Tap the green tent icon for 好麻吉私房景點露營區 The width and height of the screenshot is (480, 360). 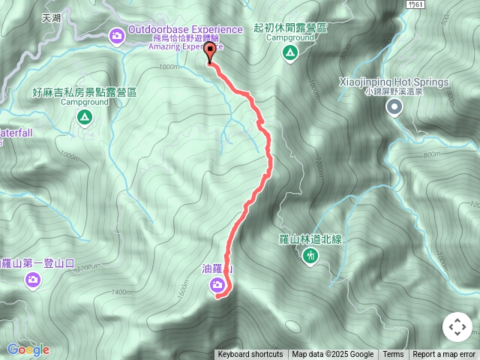85,117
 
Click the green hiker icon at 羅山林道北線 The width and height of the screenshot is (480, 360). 310,256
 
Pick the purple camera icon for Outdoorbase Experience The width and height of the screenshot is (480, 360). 116,34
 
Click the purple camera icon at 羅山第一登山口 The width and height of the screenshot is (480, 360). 32,280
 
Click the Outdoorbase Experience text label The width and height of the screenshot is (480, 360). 185,29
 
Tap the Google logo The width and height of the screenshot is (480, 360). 28,349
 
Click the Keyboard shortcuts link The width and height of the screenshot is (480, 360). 250,355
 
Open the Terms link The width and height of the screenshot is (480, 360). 393,355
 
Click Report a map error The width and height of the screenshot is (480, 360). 444,355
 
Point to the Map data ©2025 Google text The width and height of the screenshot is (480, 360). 332,355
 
